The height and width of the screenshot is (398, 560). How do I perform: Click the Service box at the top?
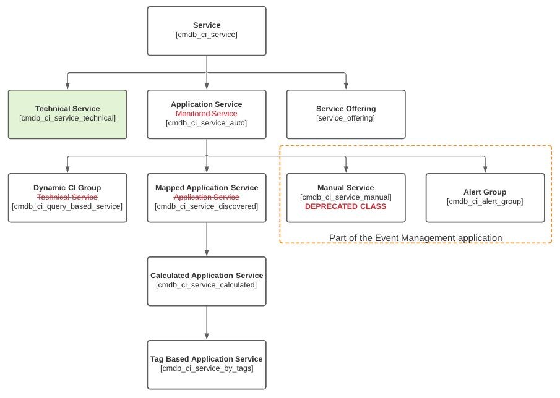tap(206, 31)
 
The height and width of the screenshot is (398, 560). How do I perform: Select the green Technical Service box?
tap(67, 114)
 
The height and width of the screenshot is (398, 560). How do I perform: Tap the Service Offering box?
tap(346, 114)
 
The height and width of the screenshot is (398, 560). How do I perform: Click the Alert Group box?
tap(485, 198)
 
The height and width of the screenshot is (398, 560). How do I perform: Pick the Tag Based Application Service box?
tap(206, 365)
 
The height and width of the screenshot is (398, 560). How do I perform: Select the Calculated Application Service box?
tap(206, 281)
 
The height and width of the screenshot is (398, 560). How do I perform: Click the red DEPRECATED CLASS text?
tap(345, 206)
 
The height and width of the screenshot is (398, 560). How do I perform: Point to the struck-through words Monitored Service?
tap(206, 114)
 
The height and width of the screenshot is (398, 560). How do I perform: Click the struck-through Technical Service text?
tap(67, 197)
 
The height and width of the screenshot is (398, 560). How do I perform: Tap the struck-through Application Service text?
tap(206, 197)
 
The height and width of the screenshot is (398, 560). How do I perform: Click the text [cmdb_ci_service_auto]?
tap(206, 123)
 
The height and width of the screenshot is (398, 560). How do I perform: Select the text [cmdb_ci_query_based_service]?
tap(67, 206)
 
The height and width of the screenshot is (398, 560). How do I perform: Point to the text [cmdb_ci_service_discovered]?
tap(206, 206)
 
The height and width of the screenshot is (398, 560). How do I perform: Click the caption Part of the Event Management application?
tap(415, 238)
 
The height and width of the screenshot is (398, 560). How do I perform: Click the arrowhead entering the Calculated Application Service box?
tap(207, 253)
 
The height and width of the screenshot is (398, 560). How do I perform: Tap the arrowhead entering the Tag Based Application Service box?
tap(207, 336)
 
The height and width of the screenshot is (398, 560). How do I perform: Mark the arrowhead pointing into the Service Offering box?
tap(346, 86)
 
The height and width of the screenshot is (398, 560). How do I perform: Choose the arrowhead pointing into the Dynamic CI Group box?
tap(67, 169)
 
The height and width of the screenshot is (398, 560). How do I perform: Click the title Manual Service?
tap(345, 188)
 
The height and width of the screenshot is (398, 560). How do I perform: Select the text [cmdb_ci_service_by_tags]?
tap(206, 368)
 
